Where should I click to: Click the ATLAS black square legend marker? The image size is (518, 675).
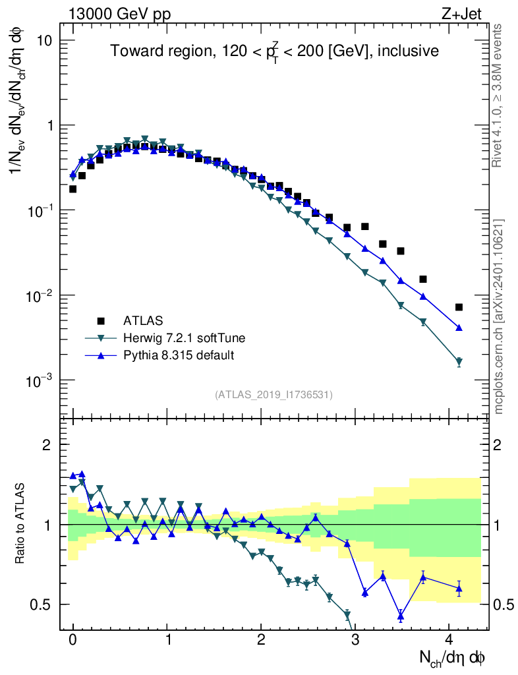[101, 321]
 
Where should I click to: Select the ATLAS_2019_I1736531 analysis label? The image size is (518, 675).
[273, 395]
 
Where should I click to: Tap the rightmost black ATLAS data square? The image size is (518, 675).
[459, 307]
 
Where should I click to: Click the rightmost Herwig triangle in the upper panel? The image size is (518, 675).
[459, 362]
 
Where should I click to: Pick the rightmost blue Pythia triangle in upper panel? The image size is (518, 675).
[459, 328]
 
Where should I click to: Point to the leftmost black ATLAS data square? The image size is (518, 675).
[73, 189]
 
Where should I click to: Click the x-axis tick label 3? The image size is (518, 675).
[355, 639]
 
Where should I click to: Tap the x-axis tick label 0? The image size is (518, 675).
[73, 639]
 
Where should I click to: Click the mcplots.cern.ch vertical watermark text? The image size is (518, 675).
[498, 316]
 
